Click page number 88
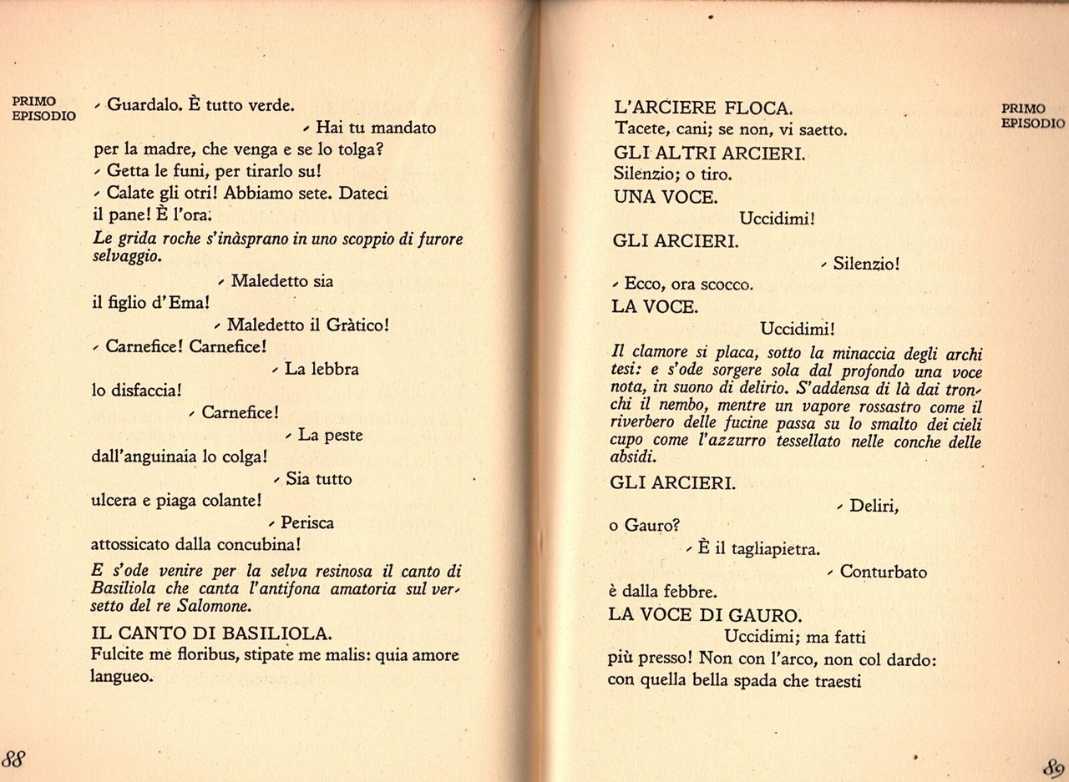pos(15,759)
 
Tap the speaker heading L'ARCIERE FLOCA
pos(702,108)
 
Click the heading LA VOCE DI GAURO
pos(705,615)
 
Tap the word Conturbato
pos(884,572)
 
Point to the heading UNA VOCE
pos(664,198)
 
